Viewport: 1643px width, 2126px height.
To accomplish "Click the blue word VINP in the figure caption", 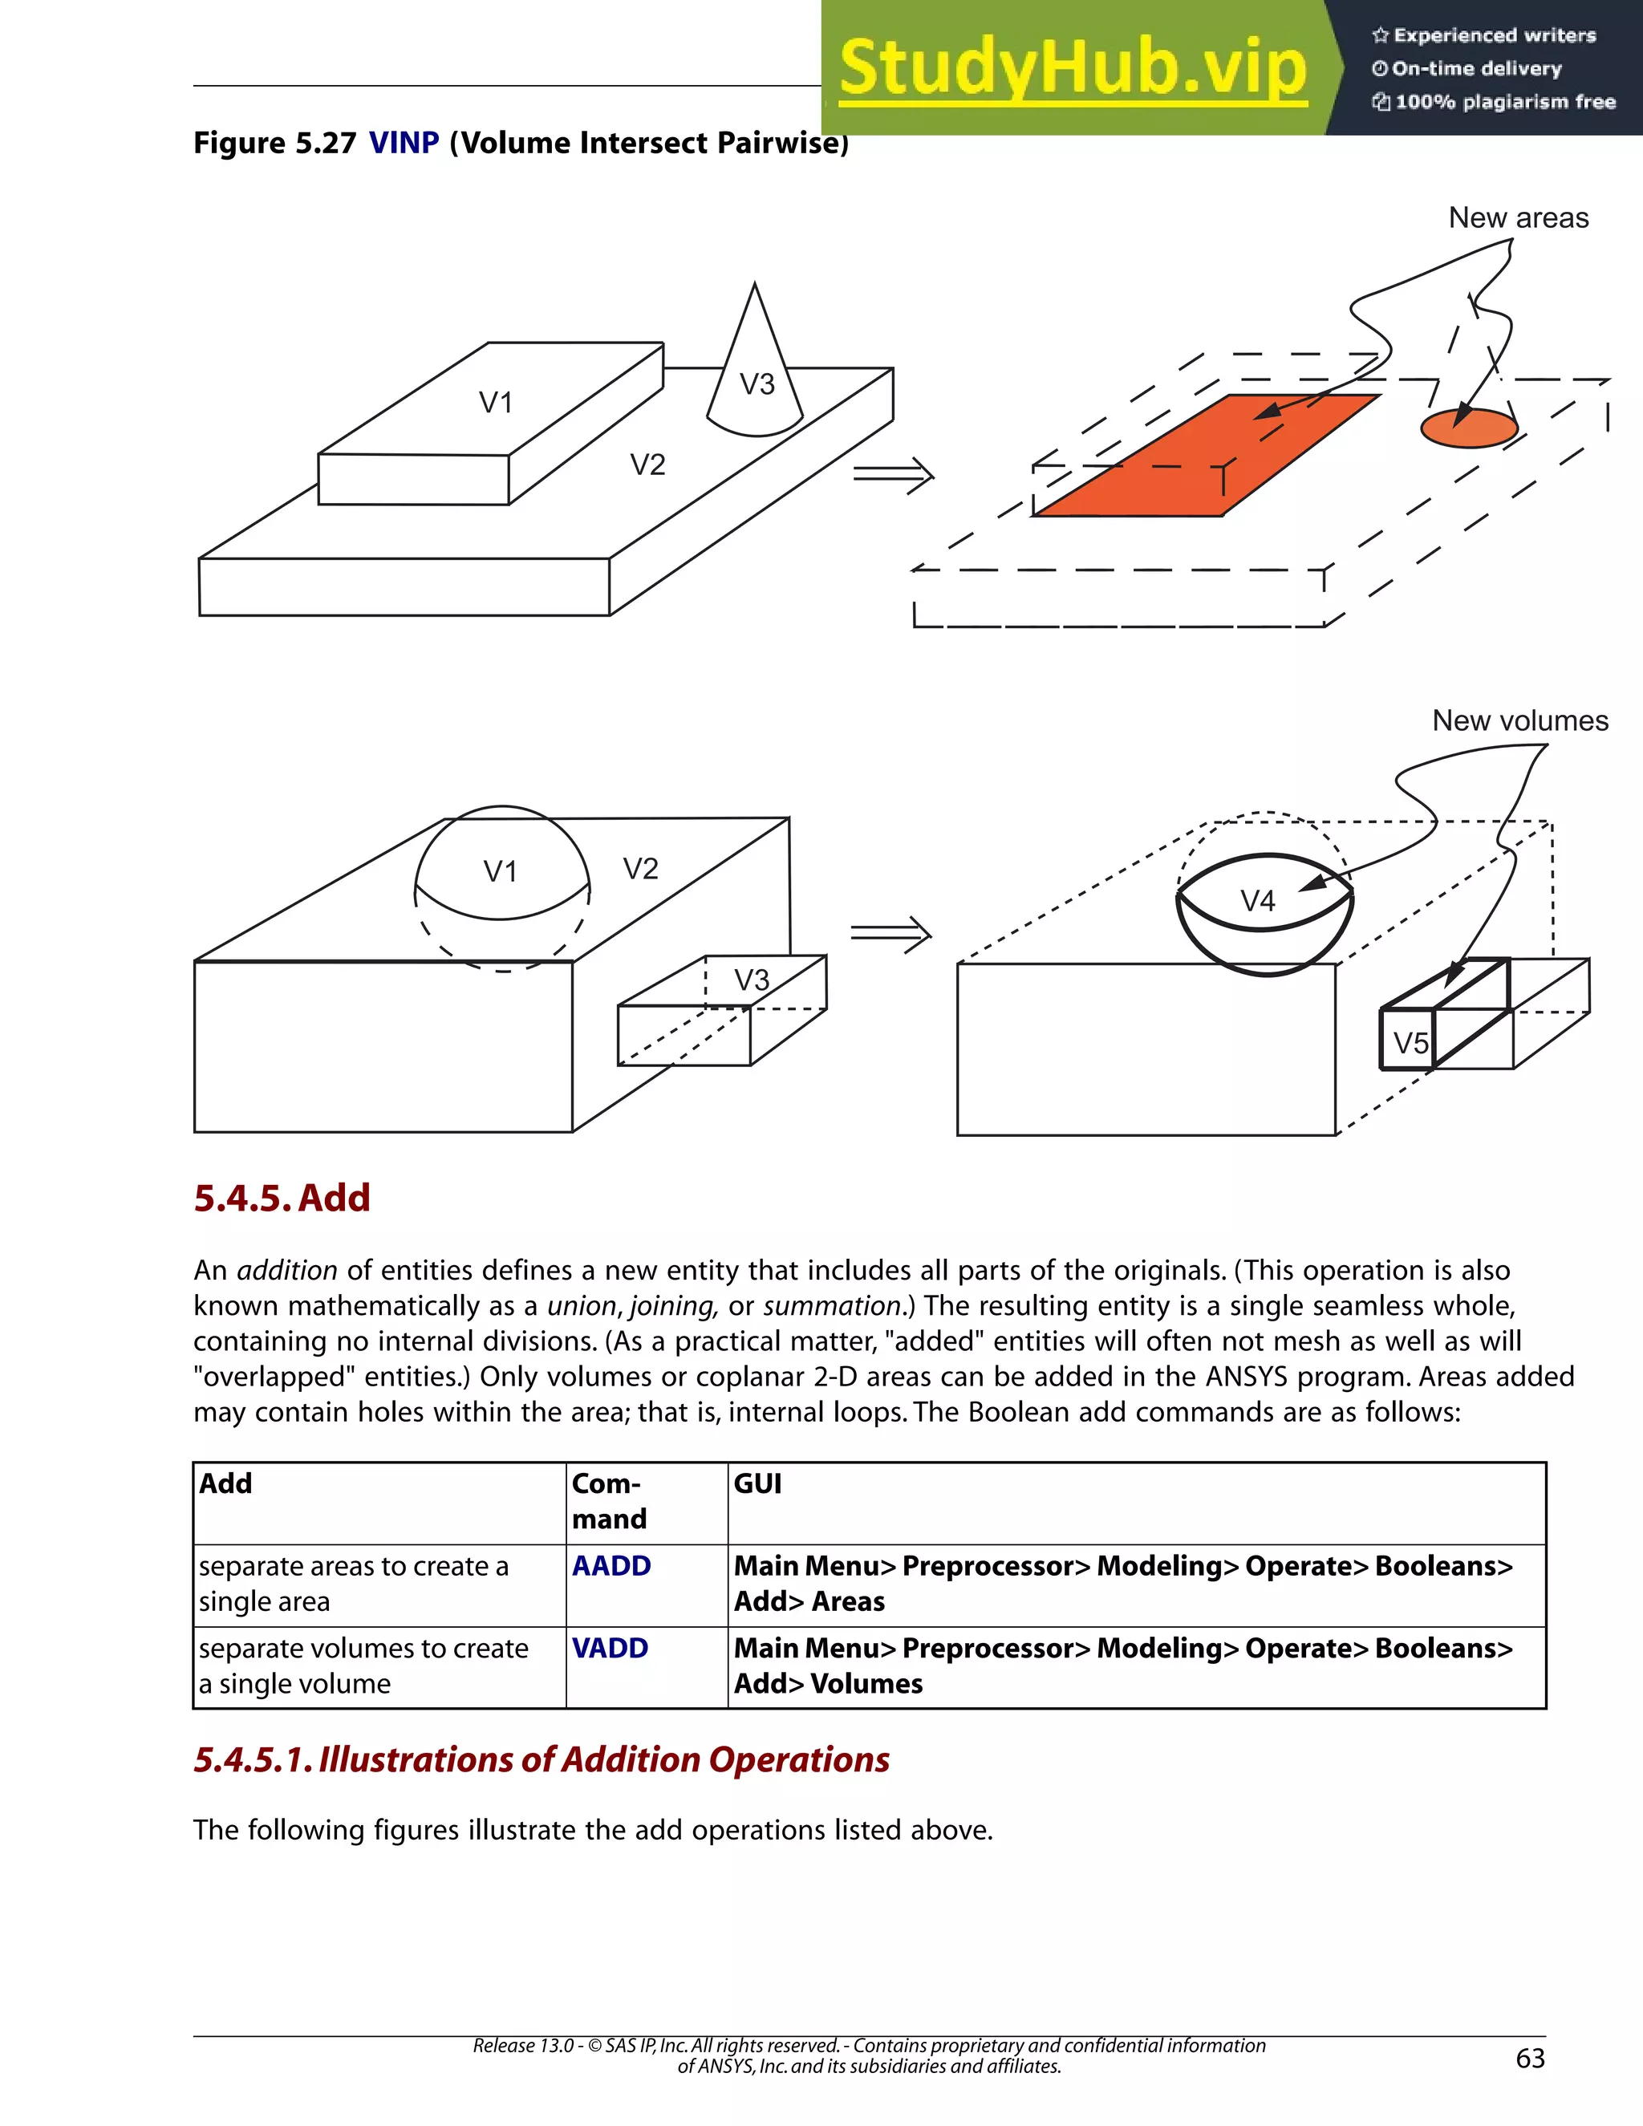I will tap(404, 143).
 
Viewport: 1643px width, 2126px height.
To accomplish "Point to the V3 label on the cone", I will tap(757, 384).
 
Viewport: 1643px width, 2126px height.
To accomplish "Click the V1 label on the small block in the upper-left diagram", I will tap(496, 402).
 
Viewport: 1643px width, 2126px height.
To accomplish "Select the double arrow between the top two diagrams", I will tap(894, 475).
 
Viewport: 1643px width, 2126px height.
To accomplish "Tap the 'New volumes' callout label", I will tap(1519, 721).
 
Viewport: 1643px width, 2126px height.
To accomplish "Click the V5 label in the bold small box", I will tap(1410, 1044).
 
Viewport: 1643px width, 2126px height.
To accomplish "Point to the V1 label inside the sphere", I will tap(501, 871).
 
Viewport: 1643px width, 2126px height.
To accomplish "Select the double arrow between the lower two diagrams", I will tap(890, 935).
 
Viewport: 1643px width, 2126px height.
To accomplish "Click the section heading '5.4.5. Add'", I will tap(282, 1197).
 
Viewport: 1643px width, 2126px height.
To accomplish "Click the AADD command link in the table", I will tap(611, 1566).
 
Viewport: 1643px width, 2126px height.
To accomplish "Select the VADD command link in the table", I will tap(610, 1648).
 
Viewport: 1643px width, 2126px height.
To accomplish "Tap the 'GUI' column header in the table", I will tap(757, 1483).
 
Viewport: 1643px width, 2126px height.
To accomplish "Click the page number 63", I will tap(1530, 2058).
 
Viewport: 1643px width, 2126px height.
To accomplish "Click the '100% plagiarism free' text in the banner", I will tap(1505, 102).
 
